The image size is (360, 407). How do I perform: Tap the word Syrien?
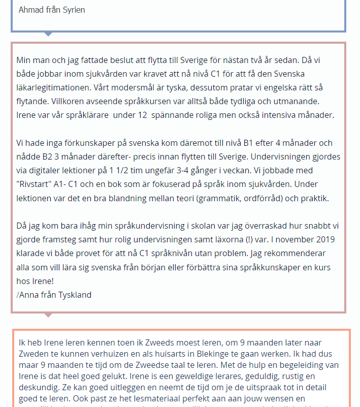click(74, 10)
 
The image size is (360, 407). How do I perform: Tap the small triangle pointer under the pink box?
click(48, 315)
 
